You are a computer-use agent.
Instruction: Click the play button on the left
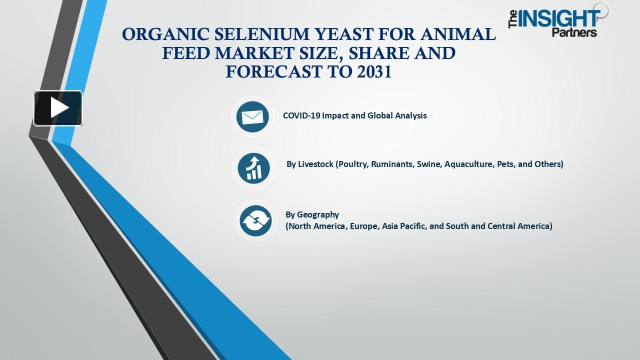[58, 108]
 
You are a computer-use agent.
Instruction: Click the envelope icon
[252, 116]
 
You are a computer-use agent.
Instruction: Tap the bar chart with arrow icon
[254, 168]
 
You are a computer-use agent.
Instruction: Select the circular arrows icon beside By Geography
[255, 220]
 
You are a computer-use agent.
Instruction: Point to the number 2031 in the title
[374, 72]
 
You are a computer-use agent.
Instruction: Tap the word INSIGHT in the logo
[559, 19]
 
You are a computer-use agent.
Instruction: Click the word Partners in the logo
[574, 32]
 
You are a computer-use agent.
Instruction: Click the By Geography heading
[312, 214]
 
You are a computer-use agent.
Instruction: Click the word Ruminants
[393, 164]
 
